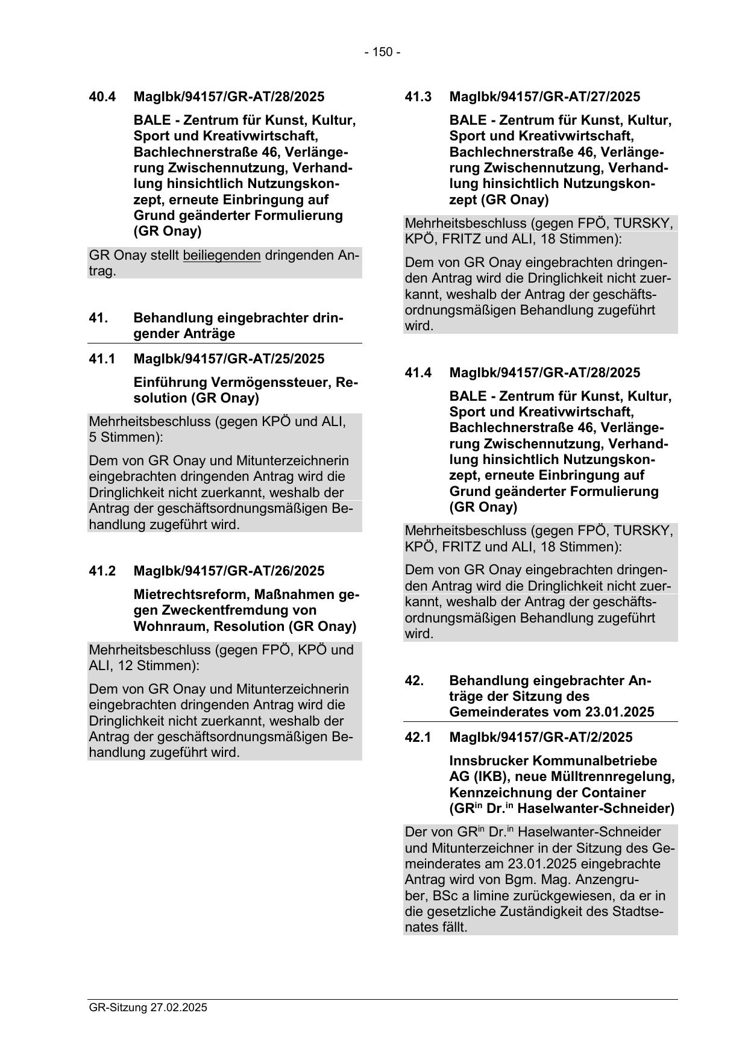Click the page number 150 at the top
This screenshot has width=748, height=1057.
coord(382,52)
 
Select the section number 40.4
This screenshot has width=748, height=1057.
coord(102,96)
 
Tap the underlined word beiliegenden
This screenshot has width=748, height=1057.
coord(222,256)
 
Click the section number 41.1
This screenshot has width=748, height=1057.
coord(102,359)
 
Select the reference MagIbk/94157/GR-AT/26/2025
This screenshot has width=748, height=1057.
coord(228,571)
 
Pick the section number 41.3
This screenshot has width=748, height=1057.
coord(418,96)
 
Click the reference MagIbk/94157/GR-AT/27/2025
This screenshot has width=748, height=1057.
coord(544,96)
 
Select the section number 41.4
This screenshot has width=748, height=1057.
coord(418,373)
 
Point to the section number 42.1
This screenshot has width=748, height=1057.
coord(418,738)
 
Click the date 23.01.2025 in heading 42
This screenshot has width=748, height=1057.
coord(619,712)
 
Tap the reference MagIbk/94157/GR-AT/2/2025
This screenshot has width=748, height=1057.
coord(541,738)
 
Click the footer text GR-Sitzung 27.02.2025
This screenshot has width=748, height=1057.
coord(148,1008)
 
